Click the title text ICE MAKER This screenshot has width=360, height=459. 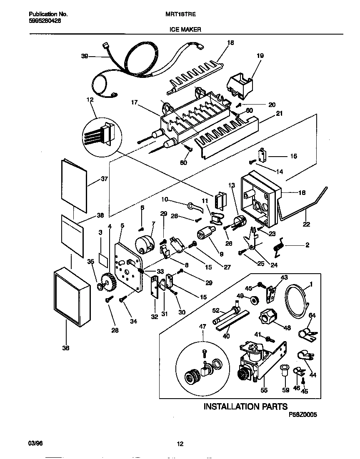(x=185, y=30)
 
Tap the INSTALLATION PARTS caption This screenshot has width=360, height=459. (x=245, y=406)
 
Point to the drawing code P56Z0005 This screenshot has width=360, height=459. (x=303, y=415)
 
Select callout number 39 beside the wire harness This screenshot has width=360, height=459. (x=84, y=57)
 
